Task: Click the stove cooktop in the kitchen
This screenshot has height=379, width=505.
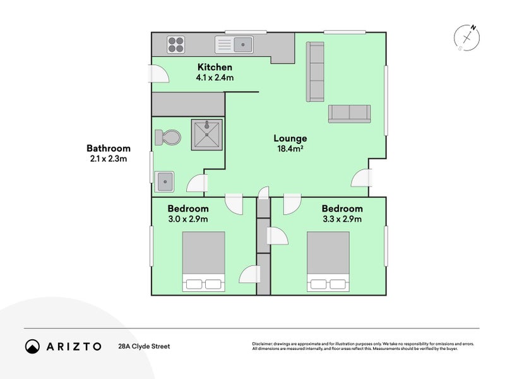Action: (176, 44)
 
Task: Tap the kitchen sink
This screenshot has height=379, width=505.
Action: (234, 44)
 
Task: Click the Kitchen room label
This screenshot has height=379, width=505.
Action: (215, 67)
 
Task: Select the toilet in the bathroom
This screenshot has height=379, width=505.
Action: (168, 137)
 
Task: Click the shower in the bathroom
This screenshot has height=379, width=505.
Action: (206, 133)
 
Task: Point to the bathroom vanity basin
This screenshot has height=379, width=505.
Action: (165, 181)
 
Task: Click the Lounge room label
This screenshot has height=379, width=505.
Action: (290, 138)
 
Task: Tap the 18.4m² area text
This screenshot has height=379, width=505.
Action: (290, 150)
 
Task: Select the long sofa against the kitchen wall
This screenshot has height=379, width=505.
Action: (315, 71)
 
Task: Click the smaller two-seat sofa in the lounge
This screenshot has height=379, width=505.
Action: (349, 114)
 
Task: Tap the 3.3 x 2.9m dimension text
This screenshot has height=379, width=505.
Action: (342, 219)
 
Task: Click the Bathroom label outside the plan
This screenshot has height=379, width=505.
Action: (109, 148)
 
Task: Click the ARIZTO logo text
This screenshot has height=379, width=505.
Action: (74, 346)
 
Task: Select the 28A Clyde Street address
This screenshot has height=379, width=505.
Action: (144, 346)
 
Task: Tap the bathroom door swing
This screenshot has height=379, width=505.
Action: (198, 183)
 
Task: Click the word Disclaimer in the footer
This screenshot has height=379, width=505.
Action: (263, 344)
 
